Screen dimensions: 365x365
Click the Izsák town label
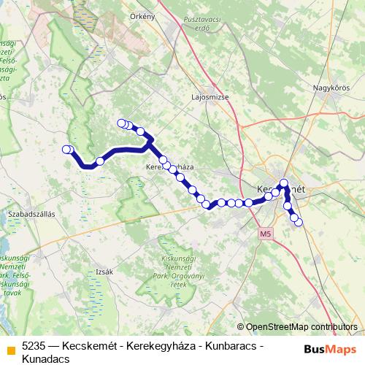pos(104,272)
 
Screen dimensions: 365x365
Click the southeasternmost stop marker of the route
pos(299,222)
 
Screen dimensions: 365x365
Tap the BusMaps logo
pos(326,349)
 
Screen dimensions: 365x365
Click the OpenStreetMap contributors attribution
pos(296,327)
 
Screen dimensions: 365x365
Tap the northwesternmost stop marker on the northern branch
pos(121,123)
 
